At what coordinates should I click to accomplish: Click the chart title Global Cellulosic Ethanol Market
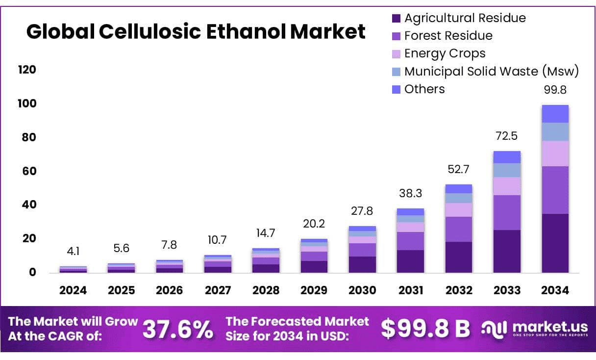pyautogui.click(x=196, y=32)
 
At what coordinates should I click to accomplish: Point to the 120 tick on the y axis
pyautogui.click(x=27, y=70)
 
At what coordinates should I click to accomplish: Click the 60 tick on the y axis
pyautogui.click(x=29, y=171)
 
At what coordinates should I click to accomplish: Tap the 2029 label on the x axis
pyautogui.click(x=314, y=290)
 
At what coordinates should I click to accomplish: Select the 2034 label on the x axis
pyautogui.click(x=555, y=290)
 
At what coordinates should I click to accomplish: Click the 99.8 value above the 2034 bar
pyautogui.click(x=555, y=90)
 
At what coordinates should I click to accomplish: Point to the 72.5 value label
pyautogui.click(x=507, y=136)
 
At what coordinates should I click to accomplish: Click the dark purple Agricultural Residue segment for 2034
pyautogui.click(x=555, y=243)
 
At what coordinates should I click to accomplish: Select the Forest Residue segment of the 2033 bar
pyautogui.click(x=507, y=212)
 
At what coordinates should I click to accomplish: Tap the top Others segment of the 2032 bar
pyautogui.click(x=459, y=189)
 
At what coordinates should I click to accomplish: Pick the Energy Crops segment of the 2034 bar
pyautogui.click(x=555, y=154)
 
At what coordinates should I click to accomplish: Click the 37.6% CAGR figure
pyautogui.click(x=178, y=330)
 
